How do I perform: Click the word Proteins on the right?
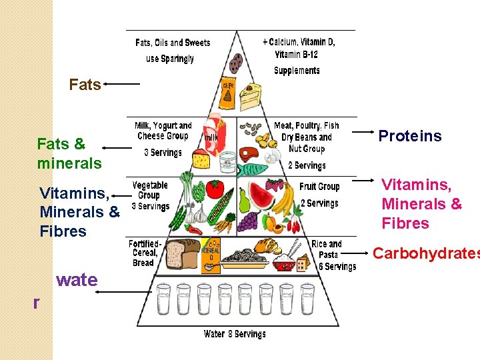pos(409,136)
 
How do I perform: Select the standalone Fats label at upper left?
pos(85,85)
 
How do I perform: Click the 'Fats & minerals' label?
pos(69,153)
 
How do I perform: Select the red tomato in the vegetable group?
pos(215,189)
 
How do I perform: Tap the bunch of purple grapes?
pos(248,221)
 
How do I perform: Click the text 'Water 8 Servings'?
pos(235,334)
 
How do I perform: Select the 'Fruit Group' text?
pos(319,187)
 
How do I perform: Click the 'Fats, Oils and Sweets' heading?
pos(173,43)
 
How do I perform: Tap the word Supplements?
pos(297,71)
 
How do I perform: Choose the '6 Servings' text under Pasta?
pos(337,267)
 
